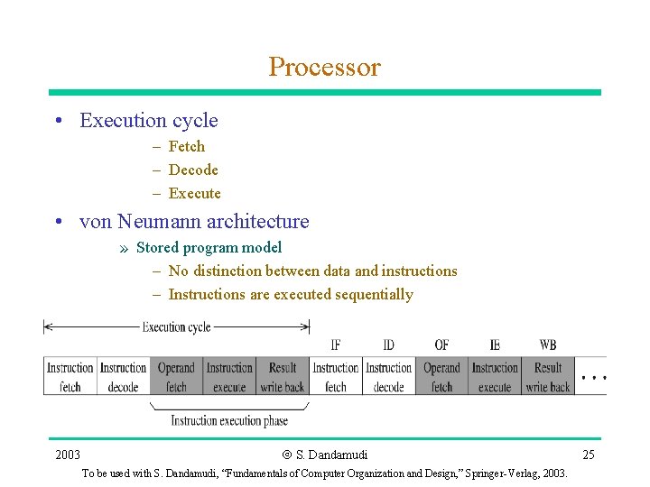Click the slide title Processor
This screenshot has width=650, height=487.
click(324, 67)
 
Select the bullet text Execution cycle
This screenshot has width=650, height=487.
click(149, 120)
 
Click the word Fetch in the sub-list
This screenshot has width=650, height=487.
click(186, 146)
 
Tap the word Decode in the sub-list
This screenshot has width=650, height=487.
click(193, 170)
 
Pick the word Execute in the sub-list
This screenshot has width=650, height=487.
click(194, 193)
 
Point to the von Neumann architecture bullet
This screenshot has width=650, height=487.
click(194, 221)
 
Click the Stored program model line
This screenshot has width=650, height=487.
click(209, 247)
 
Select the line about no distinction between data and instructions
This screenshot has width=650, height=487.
click(312, 271)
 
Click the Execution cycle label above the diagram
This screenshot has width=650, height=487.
click(176, 326)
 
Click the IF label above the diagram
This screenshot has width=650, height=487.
click(336, 345)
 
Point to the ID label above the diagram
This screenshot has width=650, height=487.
click(388, 345)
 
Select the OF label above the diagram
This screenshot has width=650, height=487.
click(441, 345)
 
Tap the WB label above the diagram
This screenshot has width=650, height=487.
click(548, 345)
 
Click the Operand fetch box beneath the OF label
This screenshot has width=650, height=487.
click(441, 377)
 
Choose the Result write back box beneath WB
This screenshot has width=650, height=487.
click(548, 377)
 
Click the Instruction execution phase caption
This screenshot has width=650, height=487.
click(229, 420)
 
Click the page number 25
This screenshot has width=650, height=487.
click(588, 455)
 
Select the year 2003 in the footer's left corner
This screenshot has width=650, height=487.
click(67, 455)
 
